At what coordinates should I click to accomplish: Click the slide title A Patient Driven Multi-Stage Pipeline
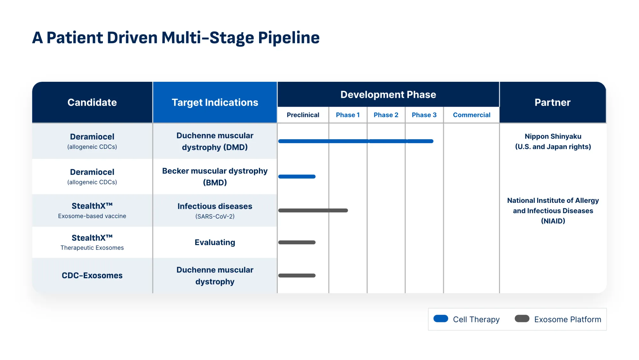176,38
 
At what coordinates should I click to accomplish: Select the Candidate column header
92,102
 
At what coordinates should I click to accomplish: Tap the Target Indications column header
215,102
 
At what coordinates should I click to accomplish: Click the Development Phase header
388,95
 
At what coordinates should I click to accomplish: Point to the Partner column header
552,102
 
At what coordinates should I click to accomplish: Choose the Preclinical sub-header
303,115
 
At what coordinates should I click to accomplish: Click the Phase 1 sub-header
348,115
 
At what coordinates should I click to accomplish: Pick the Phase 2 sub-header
386,115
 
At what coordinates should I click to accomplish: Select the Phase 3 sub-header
424,115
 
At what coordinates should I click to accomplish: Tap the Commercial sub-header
471,115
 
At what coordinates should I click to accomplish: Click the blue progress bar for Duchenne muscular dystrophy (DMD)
355,141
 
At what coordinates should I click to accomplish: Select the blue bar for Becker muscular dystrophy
297,177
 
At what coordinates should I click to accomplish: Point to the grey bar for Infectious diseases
313,211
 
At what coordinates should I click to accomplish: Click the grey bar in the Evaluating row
297,242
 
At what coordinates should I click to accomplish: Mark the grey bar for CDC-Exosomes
297,275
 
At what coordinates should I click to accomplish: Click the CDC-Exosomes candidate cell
92,275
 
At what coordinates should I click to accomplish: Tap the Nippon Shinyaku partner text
553,136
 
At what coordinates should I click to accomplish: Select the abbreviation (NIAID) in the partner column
553,221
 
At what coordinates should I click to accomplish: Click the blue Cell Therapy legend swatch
441,318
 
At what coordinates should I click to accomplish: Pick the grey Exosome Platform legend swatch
522,318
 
